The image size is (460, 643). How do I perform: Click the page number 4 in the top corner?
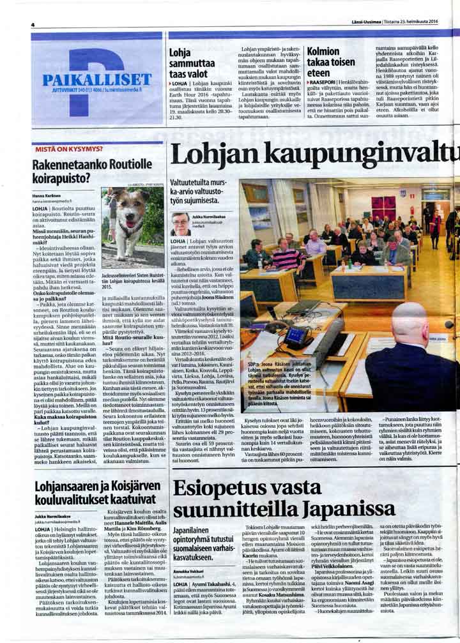(x=32, y=24)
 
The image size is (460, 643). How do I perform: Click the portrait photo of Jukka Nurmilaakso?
(x=180, y=224)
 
